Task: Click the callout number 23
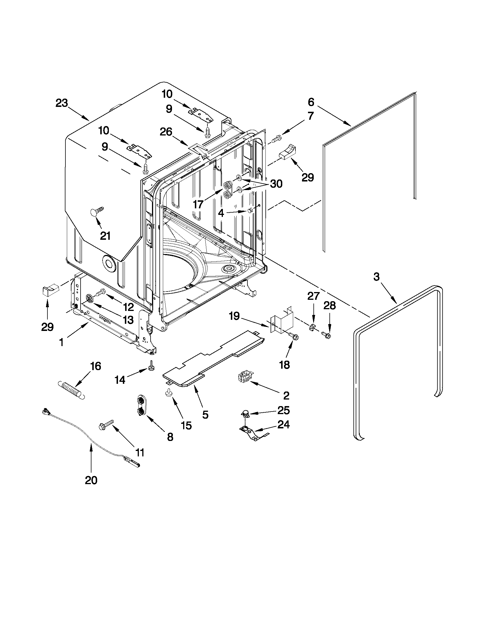click(62, 103)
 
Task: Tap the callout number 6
click(311, 102)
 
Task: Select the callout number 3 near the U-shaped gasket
click(377, 277)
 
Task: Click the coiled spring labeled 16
click(72, 391)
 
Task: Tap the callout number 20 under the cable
click(91, 480)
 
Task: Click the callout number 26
click(166, 132)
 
